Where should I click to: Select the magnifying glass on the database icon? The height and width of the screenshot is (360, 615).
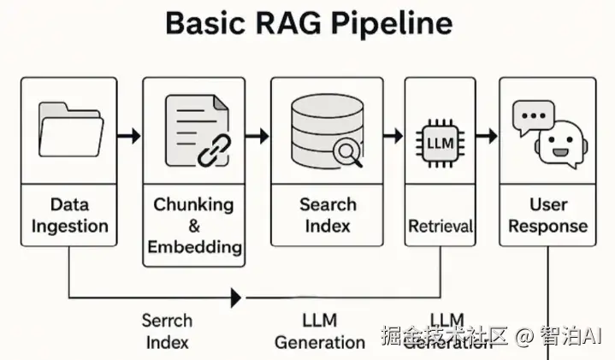347,151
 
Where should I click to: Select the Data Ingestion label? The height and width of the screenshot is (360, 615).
69,215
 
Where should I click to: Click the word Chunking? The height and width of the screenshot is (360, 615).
193,205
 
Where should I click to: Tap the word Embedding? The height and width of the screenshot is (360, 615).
194,247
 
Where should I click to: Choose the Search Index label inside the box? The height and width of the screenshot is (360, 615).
328,215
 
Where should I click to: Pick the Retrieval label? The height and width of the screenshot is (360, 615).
440,227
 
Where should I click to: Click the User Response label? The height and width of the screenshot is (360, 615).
548,215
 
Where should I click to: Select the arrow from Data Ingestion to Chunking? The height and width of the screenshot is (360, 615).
128,135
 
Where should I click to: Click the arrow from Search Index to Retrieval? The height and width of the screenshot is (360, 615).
392,135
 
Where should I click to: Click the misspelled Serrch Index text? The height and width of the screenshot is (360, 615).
167,332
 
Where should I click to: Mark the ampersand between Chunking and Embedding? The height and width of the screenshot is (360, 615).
194,227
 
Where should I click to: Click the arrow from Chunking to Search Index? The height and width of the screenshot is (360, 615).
256,135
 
